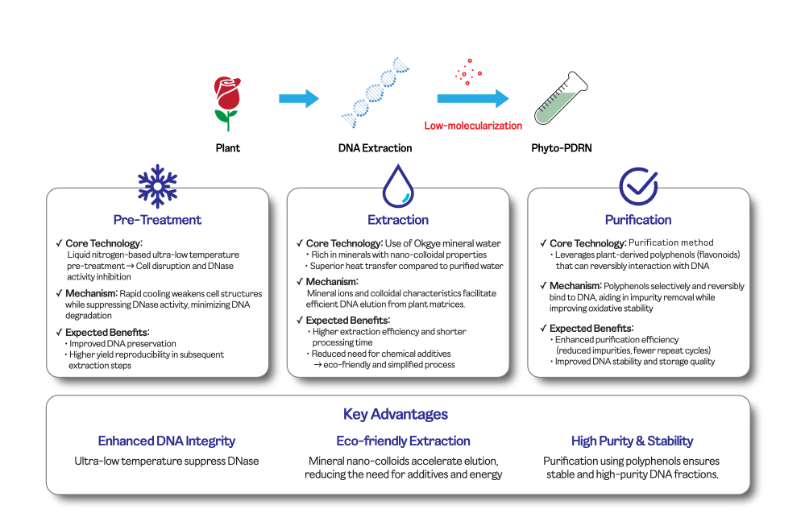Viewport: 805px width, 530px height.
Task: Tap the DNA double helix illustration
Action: pos(374,94)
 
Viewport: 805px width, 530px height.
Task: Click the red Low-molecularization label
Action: pos(473,126)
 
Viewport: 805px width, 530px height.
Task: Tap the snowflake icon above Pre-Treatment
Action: pos(157,185)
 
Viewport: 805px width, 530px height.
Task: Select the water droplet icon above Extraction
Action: pos(398,186)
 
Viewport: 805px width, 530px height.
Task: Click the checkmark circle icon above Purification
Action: pos(638,185)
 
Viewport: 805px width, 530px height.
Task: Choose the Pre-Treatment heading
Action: pos(157,219)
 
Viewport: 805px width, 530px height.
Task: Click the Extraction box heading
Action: pos(398,219)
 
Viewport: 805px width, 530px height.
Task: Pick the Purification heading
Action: pos(638,219)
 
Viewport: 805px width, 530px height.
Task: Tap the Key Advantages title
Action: pos(396,415)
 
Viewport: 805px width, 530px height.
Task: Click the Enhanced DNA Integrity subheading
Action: pos(167,441)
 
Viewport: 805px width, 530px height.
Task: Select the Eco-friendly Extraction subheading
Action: pos(403,441)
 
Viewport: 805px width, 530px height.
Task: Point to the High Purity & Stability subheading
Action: pos(632,441)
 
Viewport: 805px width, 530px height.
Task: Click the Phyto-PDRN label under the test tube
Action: pos(562,148)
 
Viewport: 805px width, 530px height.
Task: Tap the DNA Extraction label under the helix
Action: pos(375,148)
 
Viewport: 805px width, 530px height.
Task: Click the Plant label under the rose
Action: pos(227,148)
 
